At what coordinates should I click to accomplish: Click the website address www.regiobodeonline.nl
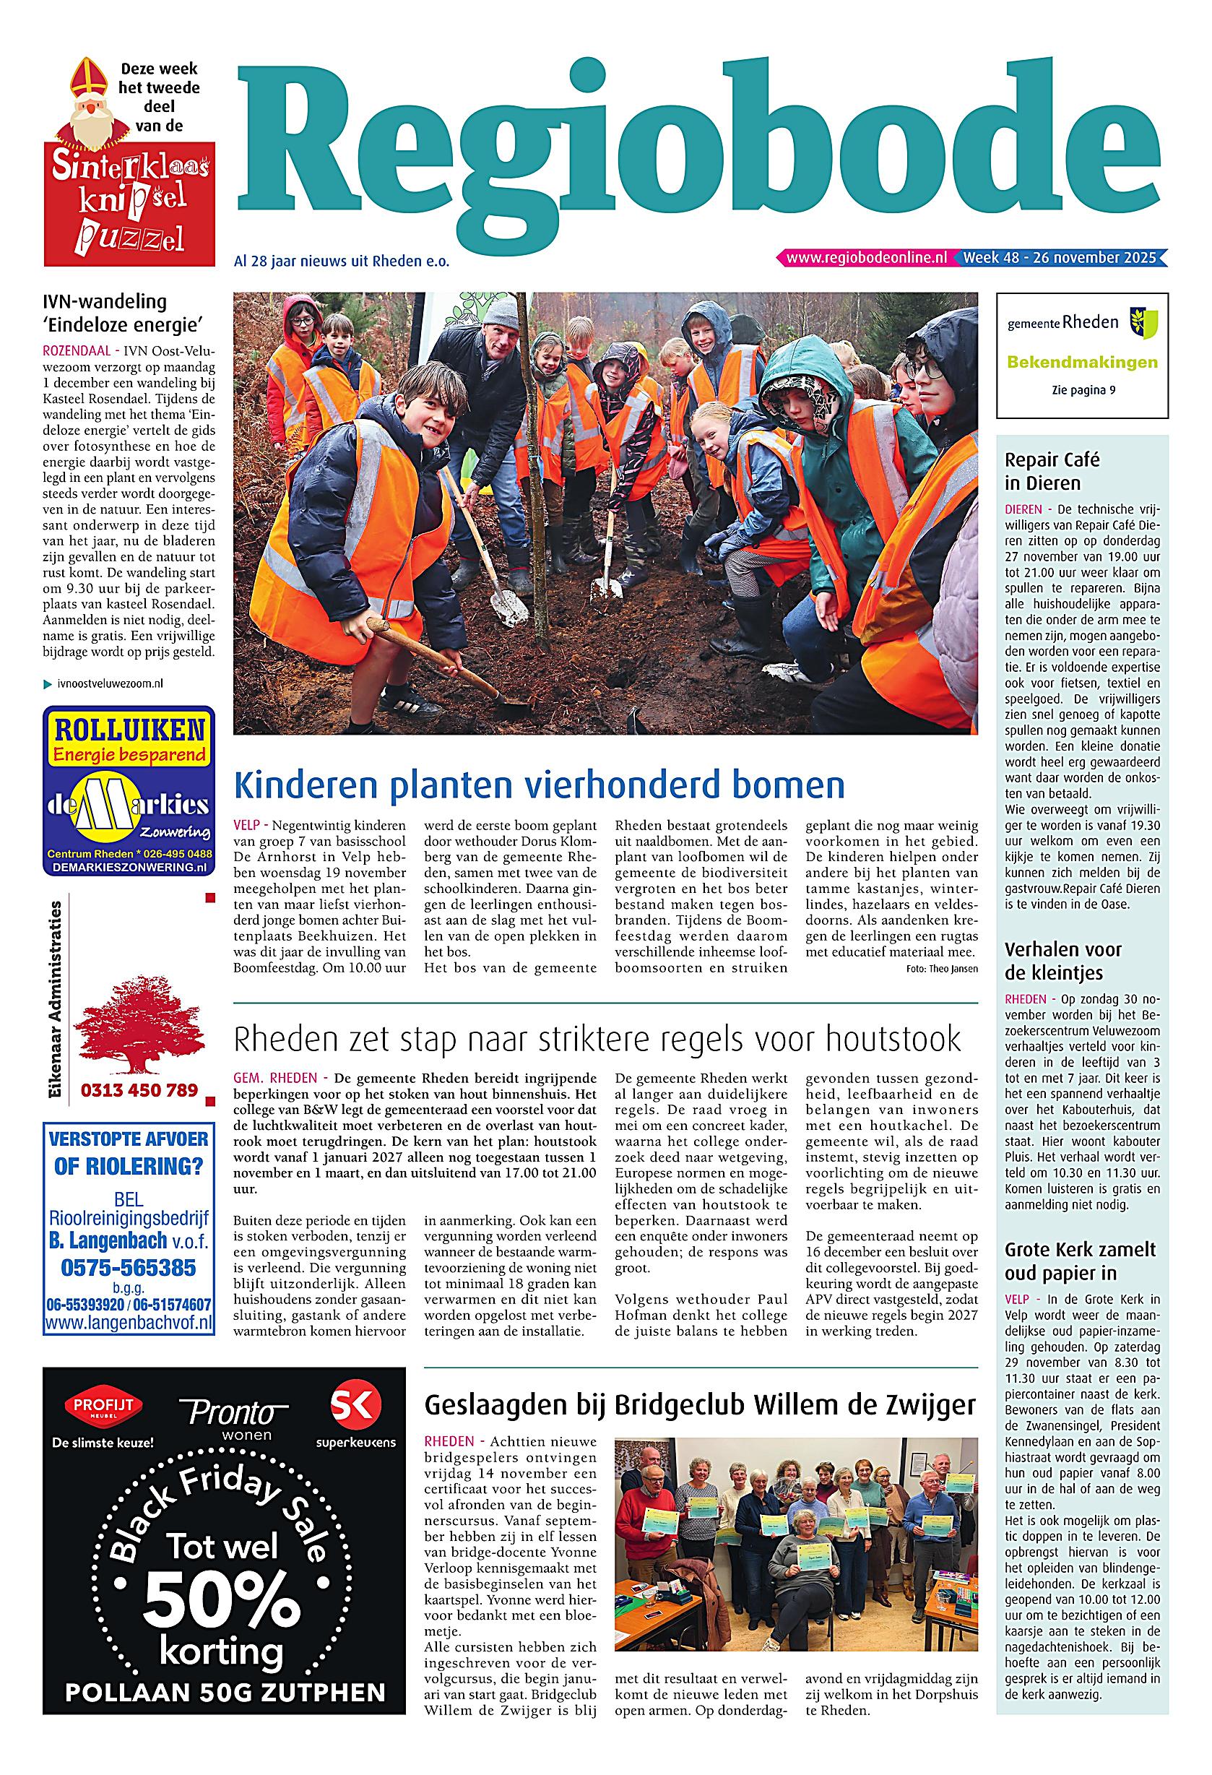pyautogui.click(x=866, y=258)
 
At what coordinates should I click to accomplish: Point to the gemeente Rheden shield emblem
pyautogui.click(x=1143, y=321)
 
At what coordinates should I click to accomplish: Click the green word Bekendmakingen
pyautogui.click(x=1082, y=362)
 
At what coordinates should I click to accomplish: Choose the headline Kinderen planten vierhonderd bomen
pyautogui.click(x=539, y=785)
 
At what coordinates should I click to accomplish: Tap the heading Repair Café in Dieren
pyautogui.click(x=1053, y=471)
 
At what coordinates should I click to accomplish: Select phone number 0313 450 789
pyautogui.click(x=139, y=1090)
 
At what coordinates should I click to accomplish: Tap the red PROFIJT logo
pyautogui.click(x=103, y=1404)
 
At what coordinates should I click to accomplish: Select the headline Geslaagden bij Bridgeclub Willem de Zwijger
pyautogui.click(x=700, y=1404)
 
